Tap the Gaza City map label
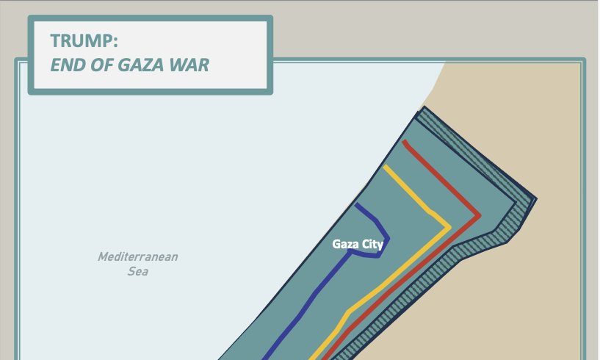pyautogui.click(x=358, y=244)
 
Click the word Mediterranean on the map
pyautogui.click(x=138, y=257)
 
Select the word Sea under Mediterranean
pyautogui.click(x=138, y=272)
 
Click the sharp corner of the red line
pyautogui.click(x=479, y=215)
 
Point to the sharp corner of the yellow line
pyautogui.click(x=449, y=228)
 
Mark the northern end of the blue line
pyautogui.click(x=356, y=205)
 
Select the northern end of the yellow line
pyautogui.click(x=385, y=167)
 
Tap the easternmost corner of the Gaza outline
pyautogui.click(x=536, y=199)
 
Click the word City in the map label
pyautogui.click(x=371, y=244)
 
